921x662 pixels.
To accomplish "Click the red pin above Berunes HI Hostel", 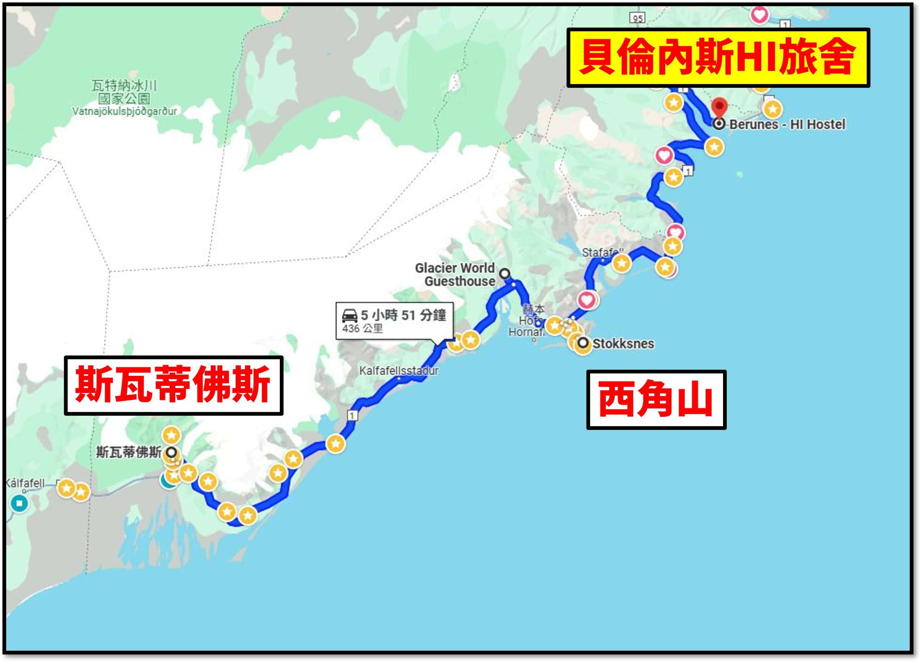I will coord(720,107).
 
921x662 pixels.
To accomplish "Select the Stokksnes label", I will coord(623,344).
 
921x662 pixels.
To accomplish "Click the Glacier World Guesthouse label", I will coord(455,275).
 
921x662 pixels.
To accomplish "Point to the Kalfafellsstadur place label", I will coord(399,371).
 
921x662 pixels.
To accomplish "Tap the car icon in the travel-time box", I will coord(350,315).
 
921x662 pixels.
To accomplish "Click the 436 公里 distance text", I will coord(362,328).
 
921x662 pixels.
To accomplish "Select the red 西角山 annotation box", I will coord(656,400).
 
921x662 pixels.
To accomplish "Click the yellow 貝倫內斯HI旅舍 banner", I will coord(718,58).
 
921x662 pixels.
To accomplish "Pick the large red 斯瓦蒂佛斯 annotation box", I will coord(173,385).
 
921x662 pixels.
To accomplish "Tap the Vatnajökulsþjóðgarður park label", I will coord(125,111).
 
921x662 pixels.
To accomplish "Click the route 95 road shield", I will coord(638,18).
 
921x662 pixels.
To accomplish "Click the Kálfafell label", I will coord(25,483).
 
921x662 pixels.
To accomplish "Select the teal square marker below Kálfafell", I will coord(19,504).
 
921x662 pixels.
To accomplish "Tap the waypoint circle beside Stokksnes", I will coord(583,343).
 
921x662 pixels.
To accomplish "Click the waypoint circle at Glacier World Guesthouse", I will coord(505,274).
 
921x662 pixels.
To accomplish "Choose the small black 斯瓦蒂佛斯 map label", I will coord(129,452).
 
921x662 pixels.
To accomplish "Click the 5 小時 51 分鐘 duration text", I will coord(403,315).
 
